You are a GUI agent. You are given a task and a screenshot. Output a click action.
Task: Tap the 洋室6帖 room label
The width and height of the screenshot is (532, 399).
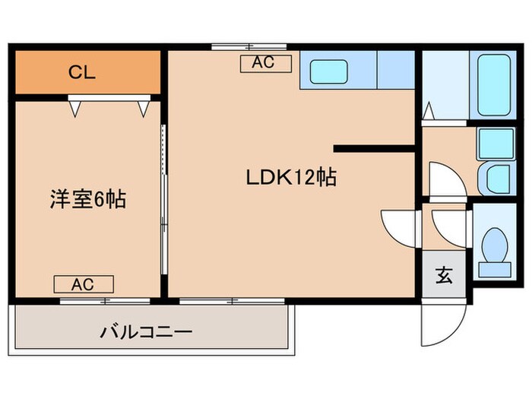click(89, 200)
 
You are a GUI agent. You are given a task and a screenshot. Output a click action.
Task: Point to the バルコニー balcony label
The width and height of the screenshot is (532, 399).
click(146, 332)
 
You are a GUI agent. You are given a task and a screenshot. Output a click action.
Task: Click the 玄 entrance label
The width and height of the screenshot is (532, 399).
click(443, 275)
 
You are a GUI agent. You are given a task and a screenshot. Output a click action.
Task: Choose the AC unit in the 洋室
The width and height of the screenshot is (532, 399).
click(83, 285)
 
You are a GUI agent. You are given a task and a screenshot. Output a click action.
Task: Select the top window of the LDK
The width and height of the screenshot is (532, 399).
click(233, 47)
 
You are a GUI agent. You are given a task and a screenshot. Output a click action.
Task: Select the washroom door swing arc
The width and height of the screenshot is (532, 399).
click(445, 179)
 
